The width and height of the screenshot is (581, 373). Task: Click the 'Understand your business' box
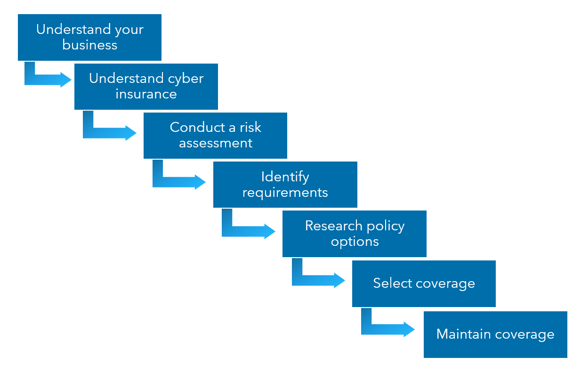(89, 37)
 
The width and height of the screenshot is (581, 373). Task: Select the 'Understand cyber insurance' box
(146, 86)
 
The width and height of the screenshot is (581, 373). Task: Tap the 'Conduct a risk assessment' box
(215, 135)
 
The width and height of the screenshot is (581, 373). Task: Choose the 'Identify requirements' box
(285, 184)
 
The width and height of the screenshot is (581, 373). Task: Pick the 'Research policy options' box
(354, 234)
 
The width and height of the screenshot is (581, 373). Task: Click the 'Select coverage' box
(424, 284)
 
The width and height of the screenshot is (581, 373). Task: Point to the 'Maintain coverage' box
(495, 334)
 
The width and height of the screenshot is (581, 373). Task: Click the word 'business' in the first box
(89, 45)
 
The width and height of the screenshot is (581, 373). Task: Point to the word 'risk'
(250, 127)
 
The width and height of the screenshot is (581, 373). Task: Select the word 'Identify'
(285, 177)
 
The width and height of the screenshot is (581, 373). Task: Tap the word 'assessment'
(216, 143)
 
